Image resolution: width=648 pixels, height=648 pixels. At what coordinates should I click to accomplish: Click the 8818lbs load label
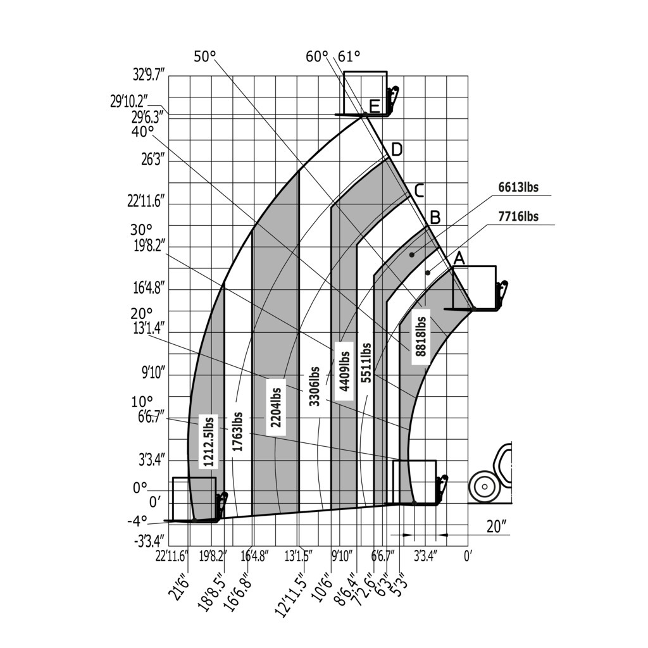[x=420, y=336]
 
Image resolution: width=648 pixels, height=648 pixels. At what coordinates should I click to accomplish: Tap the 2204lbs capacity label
[x=277, y=407]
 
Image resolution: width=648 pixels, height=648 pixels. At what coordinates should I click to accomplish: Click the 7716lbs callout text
[x=518, y=216]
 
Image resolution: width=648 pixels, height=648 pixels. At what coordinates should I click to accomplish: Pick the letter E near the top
[x=375, y=106]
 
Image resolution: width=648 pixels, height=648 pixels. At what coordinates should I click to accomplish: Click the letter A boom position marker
[x=459, y=258]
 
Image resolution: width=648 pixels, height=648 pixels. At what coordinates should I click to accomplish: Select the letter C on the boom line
[x=419, y=190]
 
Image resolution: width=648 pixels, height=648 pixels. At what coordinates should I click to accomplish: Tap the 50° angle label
[x=204, y=57]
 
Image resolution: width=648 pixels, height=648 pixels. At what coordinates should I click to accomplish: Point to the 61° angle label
[x=349, y=56]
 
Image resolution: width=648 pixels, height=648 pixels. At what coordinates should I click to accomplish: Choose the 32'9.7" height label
[x=149, y=75]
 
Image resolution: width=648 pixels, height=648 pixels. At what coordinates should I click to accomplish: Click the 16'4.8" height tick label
[x=149, y=289]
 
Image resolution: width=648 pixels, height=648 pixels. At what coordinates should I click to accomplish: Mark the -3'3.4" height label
[x=149, y=541]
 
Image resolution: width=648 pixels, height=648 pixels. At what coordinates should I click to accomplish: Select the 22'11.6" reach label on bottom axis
[x=172, y=556]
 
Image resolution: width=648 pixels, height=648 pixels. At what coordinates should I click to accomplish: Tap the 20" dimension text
[x=497, y=526]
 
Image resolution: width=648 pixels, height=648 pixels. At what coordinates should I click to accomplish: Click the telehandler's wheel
[x=484, y=487]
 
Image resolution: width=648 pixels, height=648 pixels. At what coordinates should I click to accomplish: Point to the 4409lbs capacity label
[x=344, y=371]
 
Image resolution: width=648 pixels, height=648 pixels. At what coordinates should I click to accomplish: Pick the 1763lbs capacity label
[x=238, y=432]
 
